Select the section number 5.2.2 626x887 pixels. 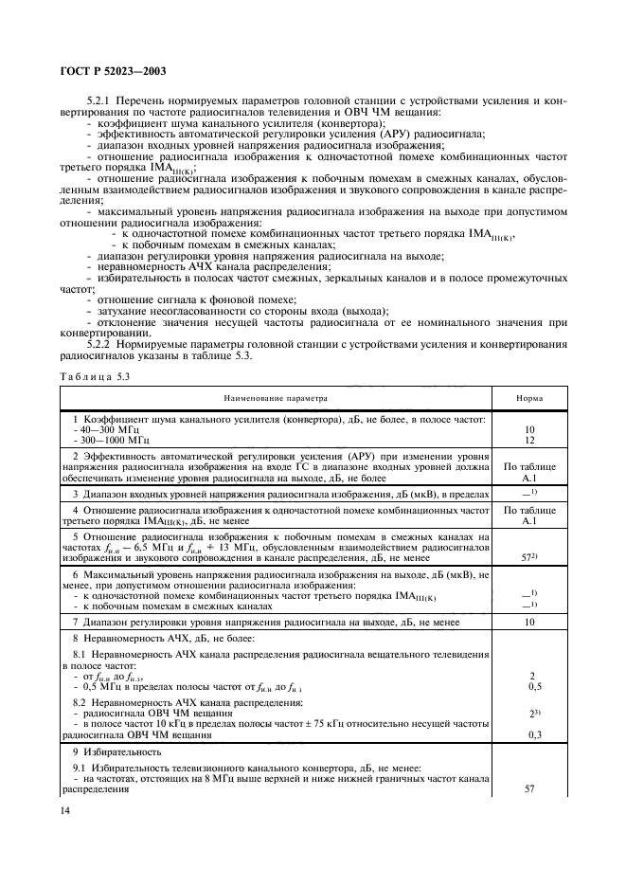(x=100, y=343)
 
